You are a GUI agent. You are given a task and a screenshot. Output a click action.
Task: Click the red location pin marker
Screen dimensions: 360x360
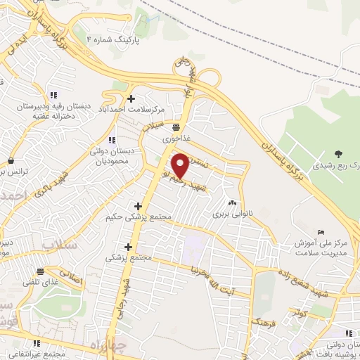[181, 165]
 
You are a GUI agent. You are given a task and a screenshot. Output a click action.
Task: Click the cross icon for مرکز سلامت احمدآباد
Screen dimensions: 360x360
[131, 98]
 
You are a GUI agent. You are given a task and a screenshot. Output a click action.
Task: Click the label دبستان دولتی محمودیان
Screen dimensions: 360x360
[114, 156]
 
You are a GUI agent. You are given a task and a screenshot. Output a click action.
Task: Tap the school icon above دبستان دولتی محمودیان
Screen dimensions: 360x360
[112, 141]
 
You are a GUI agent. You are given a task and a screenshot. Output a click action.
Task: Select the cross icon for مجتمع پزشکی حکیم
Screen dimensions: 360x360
[137, 207]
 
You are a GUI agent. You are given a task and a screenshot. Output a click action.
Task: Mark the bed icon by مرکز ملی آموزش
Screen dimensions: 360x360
[321, 233]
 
